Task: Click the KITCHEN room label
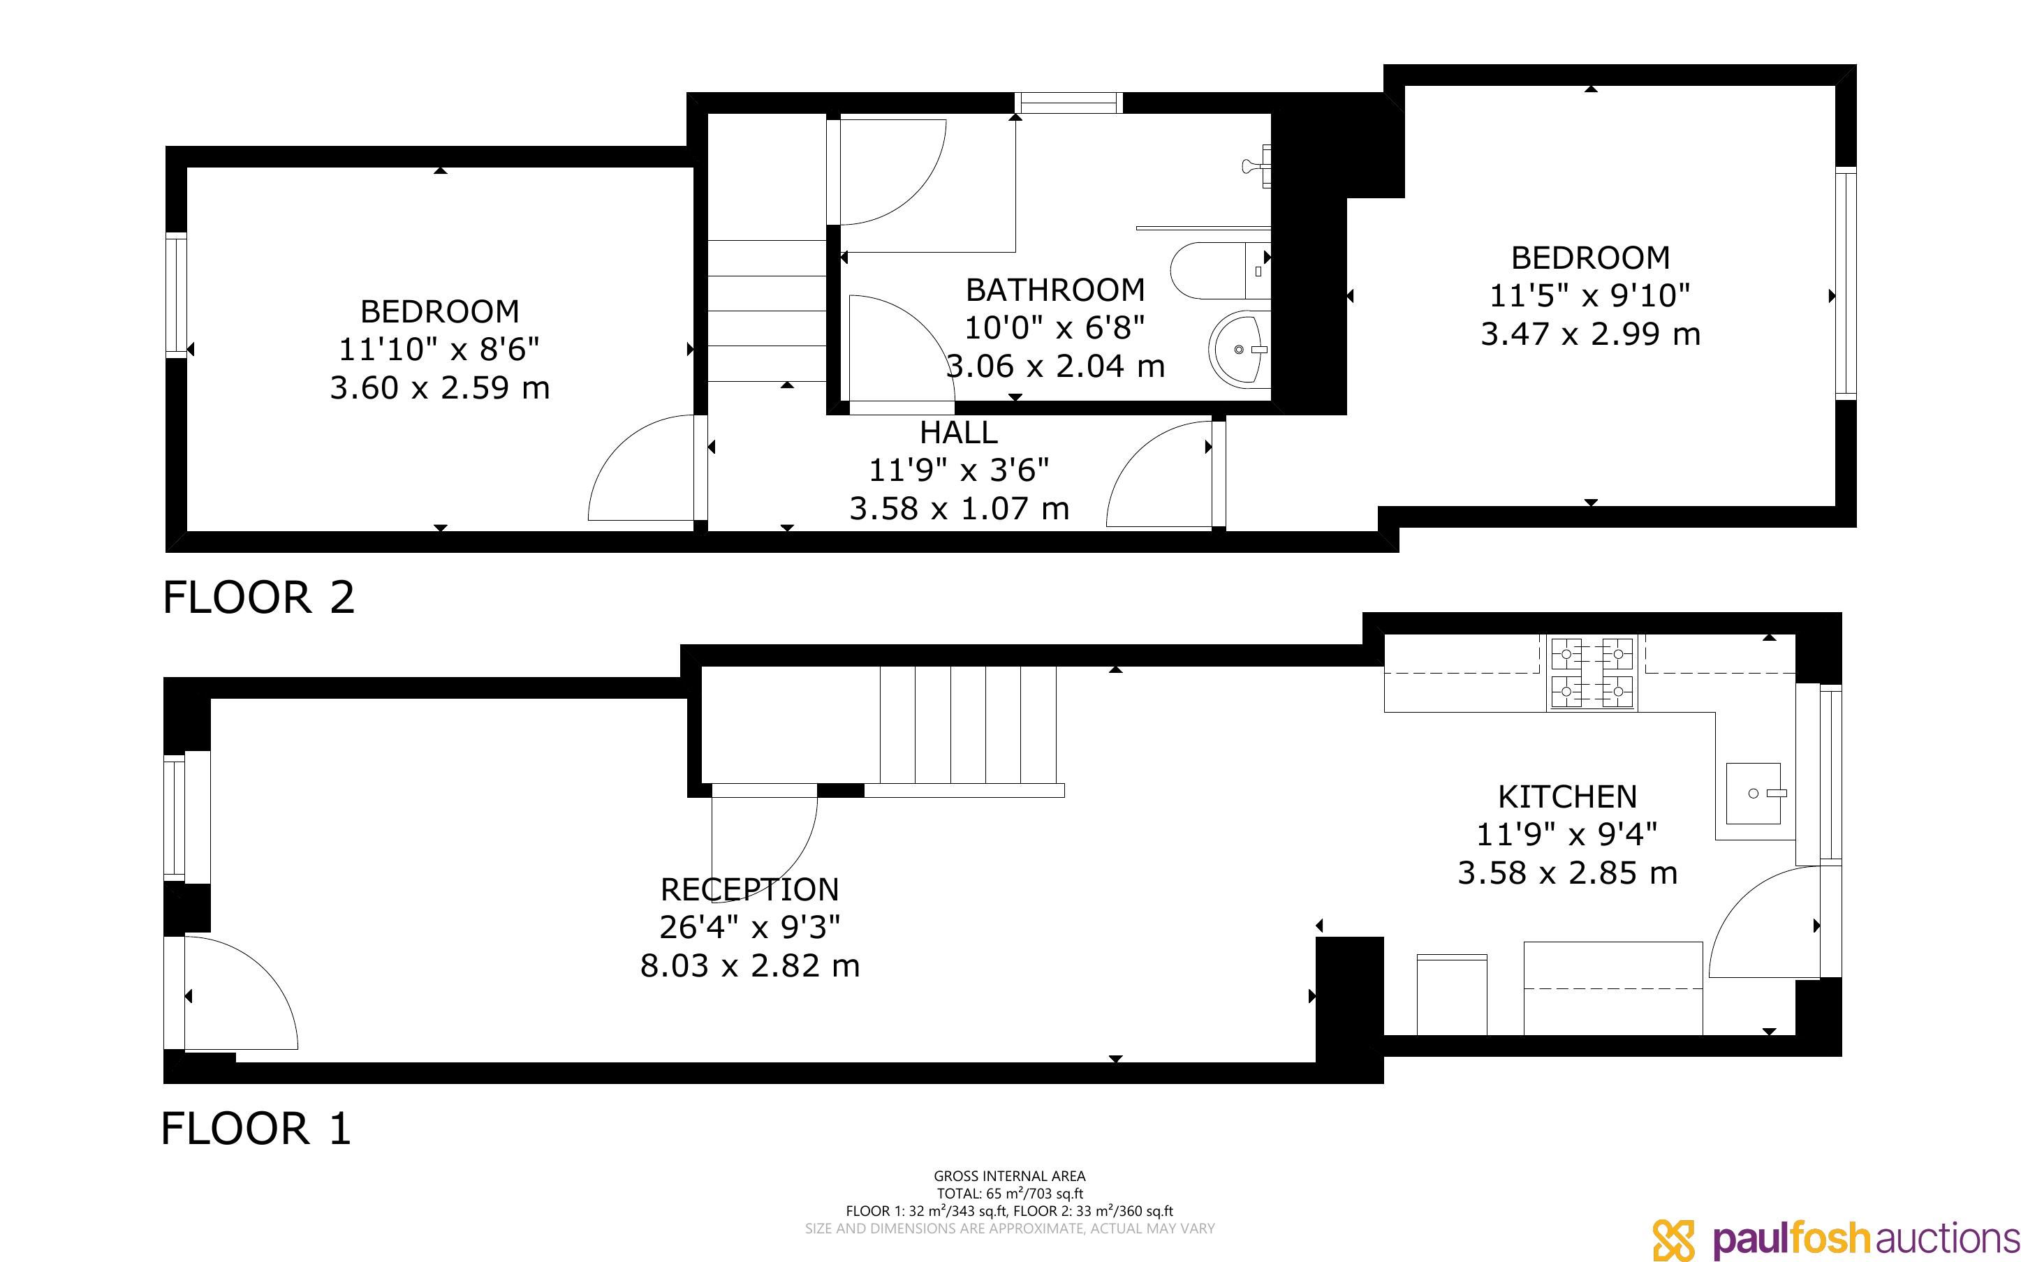pyautogui.click(x=1567, y=797)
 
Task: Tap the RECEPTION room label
pyautogui.click(x=749, y=890)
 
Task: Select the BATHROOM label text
pyautogui.click(x=1055, y=290)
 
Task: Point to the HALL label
pyautogui.click(x=958, y=432)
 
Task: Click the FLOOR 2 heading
pyautogui.click(x=259, y=597)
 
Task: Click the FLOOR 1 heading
pyautogui.click(x=256, y=1129)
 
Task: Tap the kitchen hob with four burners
pyautogui.click(x=1593, y=672)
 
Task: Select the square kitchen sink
pyautogui.click(x=1753, y=793)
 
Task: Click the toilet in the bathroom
pyautogui.click(x=1219, y=270)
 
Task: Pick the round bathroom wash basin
pyautogui.click(x=1239, y=348)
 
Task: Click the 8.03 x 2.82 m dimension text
pyautogui.click(x=749, y=966)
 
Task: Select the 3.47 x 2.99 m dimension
pyautogui.click(x=1590, y=334)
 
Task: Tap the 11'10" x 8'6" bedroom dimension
pyautogui.click(x=439, y=349)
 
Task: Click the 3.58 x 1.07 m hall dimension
pyautogui.click(x=959, y=508)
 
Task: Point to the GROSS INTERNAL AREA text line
pyautogui.click(x=1009, y=1176)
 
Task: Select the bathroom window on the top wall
pyautogui.click(x=1068, y=103)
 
